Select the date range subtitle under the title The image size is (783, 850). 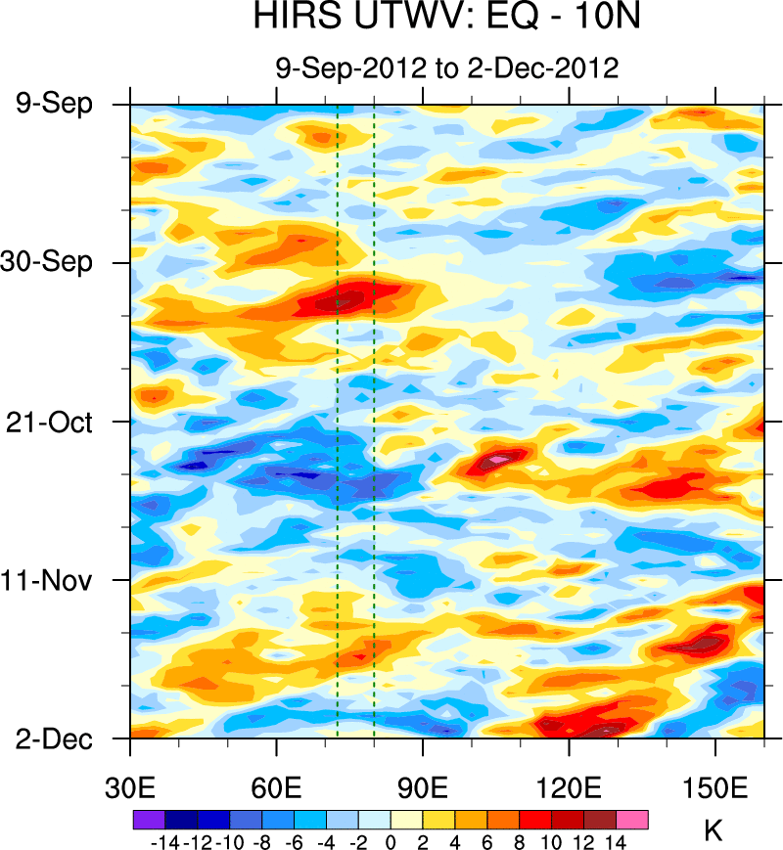(x=445, y=68)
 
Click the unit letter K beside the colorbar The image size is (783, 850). (x=713, y=832)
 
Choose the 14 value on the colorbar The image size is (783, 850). (x=616, y=840)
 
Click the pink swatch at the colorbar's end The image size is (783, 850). (x=632, y=820)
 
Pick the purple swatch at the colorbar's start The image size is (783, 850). (x=148, y=820)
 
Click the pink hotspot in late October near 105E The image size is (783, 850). (x=498, y=457)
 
